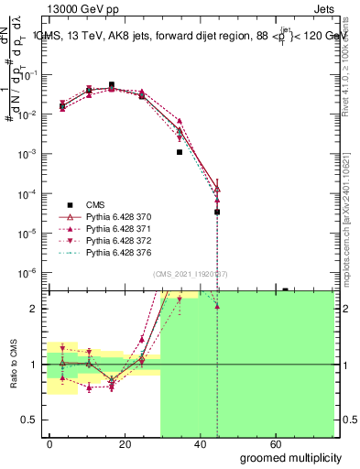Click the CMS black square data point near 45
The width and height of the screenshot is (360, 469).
(x=217, y=212)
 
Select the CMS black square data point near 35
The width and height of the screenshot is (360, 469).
(x=180, y=152)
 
